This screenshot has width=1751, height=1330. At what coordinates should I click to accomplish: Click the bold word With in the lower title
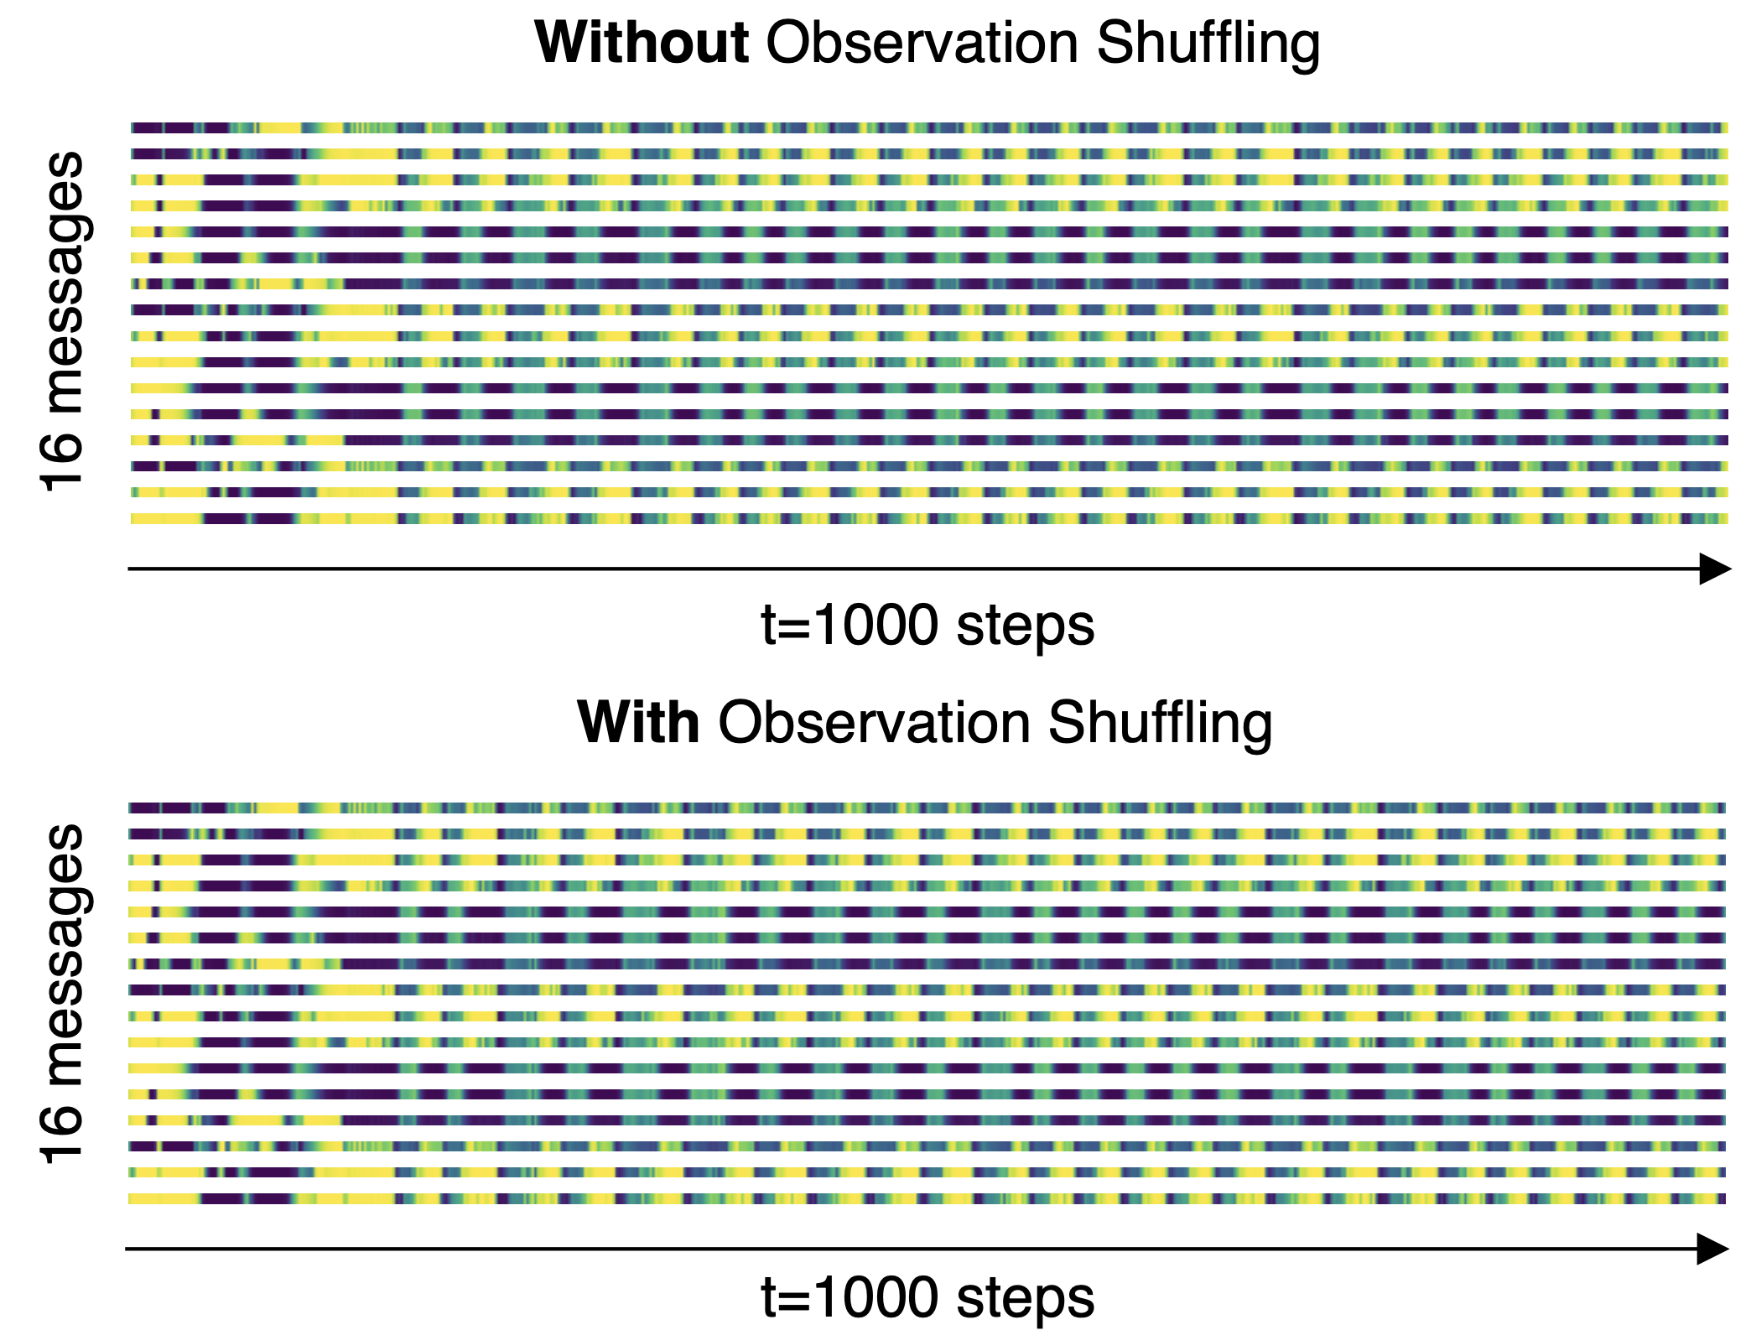(x=638, y=722)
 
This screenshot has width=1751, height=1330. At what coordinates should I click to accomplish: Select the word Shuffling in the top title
(x=1208, y=44)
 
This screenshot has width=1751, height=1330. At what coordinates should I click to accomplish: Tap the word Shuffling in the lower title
(x=1160, y=724)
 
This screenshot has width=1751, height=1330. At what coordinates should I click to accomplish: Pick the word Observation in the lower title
(x=874, y=722)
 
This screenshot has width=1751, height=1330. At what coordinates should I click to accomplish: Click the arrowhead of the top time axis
(x=1714, y=569)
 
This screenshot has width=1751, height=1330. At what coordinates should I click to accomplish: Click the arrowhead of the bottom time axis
(x=1712, y=1249)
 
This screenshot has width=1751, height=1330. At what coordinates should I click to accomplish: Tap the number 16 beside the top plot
(x=62, y=462)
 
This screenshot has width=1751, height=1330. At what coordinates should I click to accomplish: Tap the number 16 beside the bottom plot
(x=62, y=1135)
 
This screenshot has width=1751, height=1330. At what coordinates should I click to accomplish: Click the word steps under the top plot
(x=1025, y=626)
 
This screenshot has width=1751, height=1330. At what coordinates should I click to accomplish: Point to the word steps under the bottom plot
(x=1025, y=1297)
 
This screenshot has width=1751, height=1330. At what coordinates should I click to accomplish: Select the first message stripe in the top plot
(x=928, y=128)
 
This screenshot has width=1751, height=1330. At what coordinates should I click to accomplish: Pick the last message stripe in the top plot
(x=928, y=518)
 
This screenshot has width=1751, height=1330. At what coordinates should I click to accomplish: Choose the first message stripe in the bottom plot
(x=927, y=808)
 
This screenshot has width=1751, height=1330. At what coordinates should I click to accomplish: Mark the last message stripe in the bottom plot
(x=927, y=1198)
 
